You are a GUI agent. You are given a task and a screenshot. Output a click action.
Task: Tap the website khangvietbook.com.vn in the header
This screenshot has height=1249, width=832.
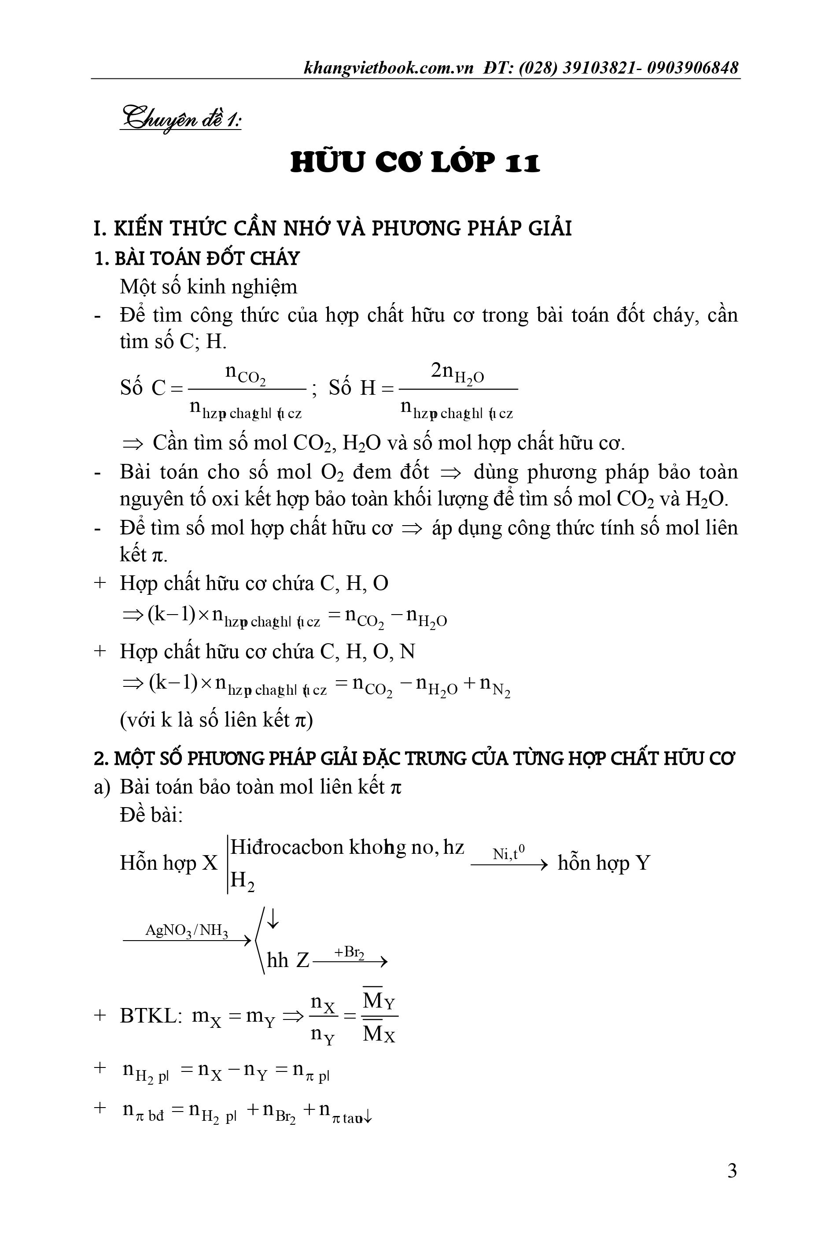coord(388,68)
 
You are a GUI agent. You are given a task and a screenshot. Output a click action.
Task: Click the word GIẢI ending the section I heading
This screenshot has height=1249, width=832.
coord(550,228)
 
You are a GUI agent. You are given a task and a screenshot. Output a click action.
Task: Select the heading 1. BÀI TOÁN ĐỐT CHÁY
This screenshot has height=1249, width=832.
coord(197,258)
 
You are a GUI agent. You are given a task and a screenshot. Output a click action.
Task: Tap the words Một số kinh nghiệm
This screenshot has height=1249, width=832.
coord(209,287)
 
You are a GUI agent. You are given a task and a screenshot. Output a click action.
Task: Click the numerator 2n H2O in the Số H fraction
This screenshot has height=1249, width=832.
coord(457,372)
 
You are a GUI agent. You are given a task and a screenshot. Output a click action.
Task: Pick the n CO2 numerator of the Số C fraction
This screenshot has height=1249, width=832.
coord(245,372)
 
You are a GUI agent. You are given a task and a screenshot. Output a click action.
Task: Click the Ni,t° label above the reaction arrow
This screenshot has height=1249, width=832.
coord(508,853)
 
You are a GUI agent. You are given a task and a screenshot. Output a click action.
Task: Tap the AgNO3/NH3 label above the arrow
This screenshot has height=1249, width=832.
coord(187,930)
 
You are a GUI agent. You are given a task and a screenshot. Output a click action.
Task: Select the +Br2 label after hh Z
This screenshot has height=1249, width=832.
coord(349,952)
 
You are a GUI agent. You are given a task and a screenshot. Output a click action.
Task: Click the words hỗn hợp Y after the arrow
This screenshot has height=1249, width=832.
coord(603,863)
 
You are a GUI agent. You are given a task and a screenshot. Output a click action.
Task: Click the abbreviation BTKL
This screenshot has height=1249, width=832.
coord(148,1016)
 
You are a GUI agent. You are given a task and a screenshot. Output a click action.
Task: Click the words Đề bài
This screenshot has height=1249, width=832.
coord(151,815)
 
